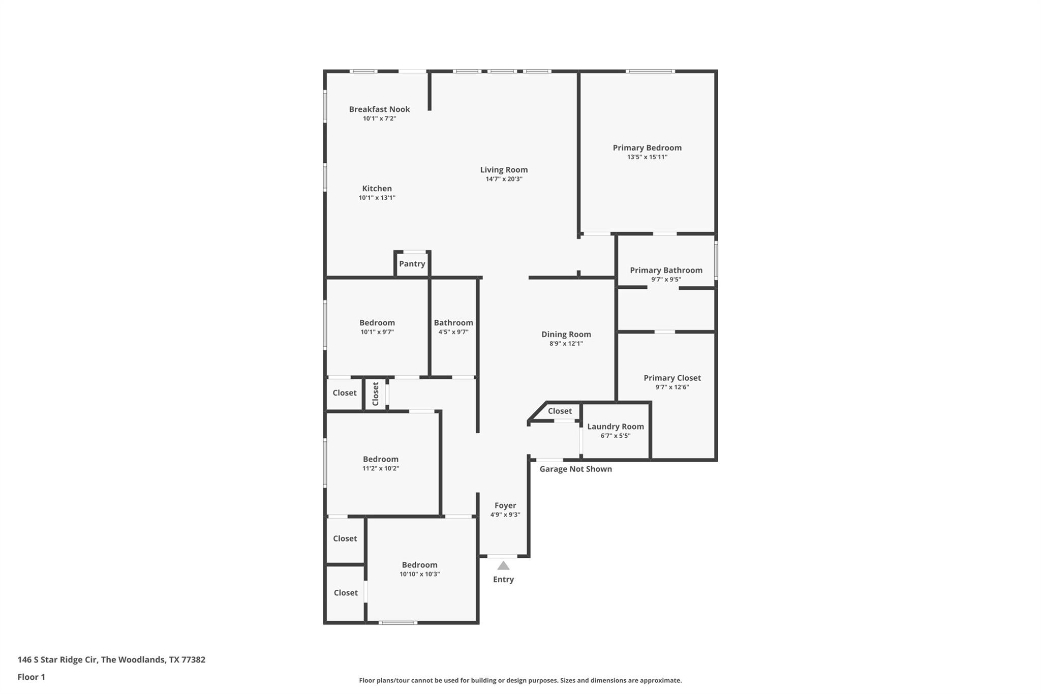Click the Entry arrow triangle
pyautogui.click(x=503, y=565)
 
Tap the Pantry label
pyautogui.click(x=412, y=263)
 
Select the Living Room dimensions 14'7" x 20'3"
pyautogui.click(x=504, y=179)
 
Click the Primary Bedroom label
pyautogui.click(x=647, y=147)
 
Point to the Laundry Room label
pyautogui.click(x=615, y=426)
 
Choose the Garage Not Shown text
pyautogui.click(x=575, y=469)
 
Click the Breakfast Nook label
pyautogui.click(x=379, y=109)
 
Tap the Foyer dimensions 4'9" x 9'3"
pyautogui.click(x=505, y=515)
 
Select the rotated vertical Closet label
pyautogui.click(x=376, y=394)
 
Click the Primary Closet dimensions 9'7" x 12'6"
pyautogui.click(x=672, y=387)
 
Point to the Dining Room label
pyautogui.click(x=566, y=334)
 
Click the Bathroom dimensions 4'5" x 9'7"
pyautogui.click(x=453, y=332)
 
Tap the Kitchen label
pyautogui.click(x=377, y=188)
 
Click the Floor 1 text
pyautogui.click(x=31, y=677)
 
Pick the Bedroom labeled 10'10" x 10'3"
pyautogui.click(x=419, y=564)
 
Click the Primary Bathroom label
pyautogui.click(x=666, y=270)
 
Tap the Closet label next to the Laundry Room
pyautogui.click(x=560, y=411)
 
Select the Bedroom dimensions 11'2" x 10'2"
pyautogui.click(x=380, y=468)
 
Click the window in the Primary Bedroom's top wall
pyautogui.click(x=650, y=71)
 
